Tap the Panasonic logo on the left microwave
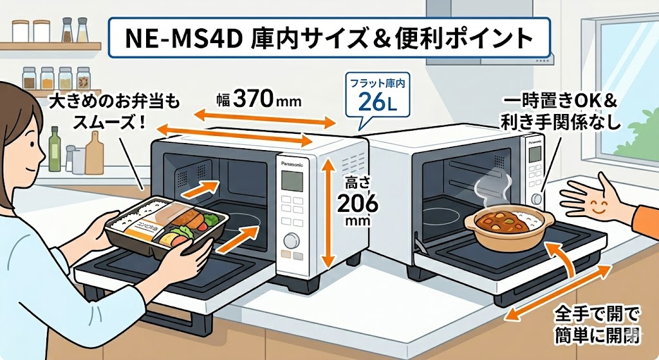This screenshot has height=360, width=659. (296, 164)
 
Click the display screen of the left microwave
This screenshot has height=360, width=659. (293, 181)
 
